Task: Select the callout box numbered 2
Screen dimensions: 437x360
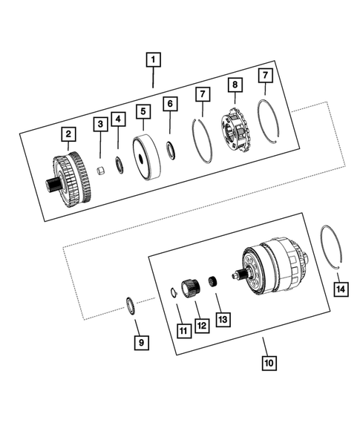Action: pyautogui.click(x=68, y=134)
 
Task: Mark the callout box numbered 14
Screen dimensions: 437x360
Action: pyautogui.click(x=340, y=289)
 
